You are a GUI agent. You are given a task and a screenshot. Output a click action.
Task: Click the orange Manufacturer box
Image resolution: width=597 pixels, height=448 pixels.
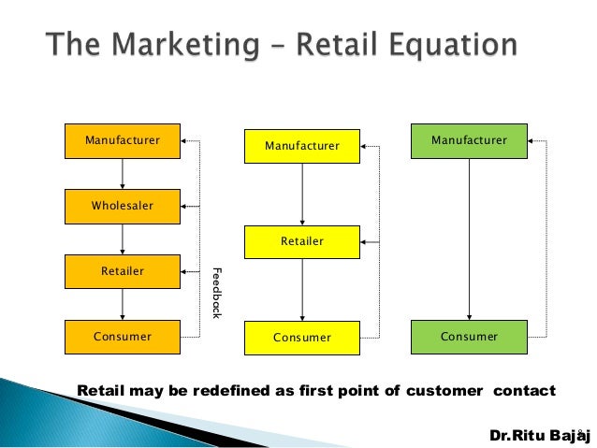tap(123, 141)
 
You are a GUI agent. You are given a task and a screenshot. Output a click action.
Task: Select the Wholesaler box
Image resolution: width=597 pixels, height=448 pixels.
tap(123, 206)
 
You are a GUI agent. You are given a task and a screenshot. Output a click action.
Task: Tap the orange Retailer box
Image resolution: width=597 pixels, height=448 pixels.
tap(123, 271)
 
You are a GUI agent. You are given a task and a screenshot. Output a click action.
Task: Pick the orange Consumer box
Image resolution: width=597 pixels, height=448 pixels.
tap(123, 337)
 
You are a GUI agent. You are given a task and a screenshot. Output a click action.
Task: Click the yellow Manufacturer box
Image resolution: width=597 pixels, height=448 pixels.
tap(301, 146)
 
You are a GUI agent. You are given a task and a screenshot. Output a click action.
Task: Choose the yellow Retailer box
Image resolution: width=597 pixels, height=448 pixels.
tap(301, 241)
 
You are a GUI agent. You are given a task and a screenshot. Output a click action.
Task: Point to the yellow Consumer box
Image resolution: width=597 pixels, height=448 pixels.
tap(301, 338)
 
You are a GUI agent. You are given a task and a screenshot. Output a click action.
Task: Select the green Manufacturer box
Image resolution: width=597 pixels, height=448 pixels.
tap(469, 140)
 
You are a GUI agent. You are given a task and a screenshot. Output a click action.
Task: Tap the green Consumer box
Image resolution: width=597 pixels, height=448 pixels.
tap(469, 336)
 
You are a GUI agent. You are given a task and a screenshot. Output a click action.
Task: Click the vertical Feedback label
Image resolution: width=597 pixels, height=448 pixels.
tap(216, 293)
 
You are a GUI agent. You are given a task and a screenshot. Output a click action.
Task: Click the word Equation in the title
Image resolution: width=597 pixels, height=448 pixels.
tap(438, 46)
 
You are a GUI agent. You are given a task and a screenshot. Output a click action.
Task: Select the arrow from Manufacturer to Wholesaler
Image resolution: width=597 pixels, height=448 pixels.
tap(123, 174)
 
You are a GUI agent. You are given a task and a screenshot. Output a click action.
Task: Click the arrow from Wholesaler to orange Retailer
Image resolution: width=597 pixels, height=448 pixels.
tap(123, 239)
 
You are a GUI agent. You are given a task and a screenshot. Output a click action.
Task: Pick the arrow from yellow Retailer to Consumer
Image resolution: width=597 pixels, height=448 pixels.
tap(301, 290)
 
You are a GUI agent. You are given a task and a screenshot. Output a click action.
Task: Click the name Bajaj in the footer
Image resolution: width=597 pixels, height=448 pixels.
tap(565, 435)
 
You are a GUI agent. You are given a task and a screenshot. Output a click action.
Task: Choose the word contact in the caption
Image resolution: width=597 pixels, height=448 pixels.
tap(525, 390)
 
